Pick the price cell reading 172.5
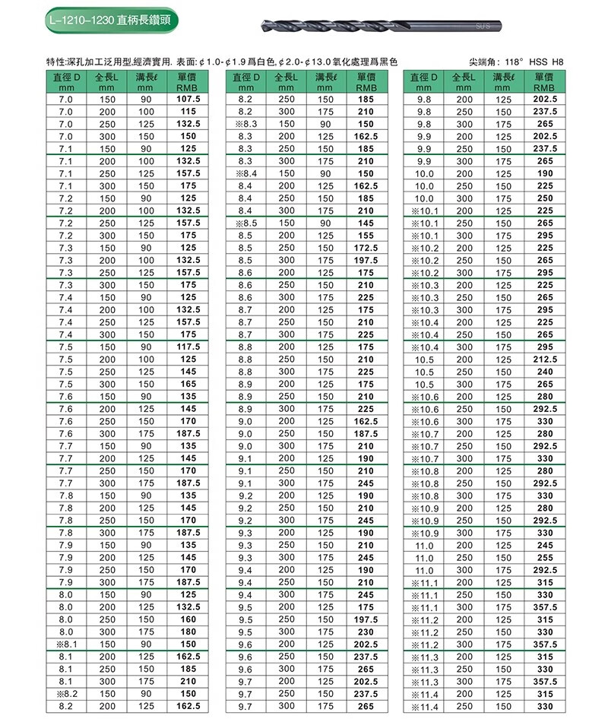(x=366, y=248)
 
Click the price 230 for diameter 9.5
(x=366, y=632)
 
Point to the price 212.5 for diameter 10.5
(x=545, y=359)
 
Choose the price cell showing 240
(x=545, y=372)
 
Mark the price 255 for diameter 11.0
(x=545, y=558)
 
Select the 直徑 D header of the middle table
(x=245, y=82)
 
